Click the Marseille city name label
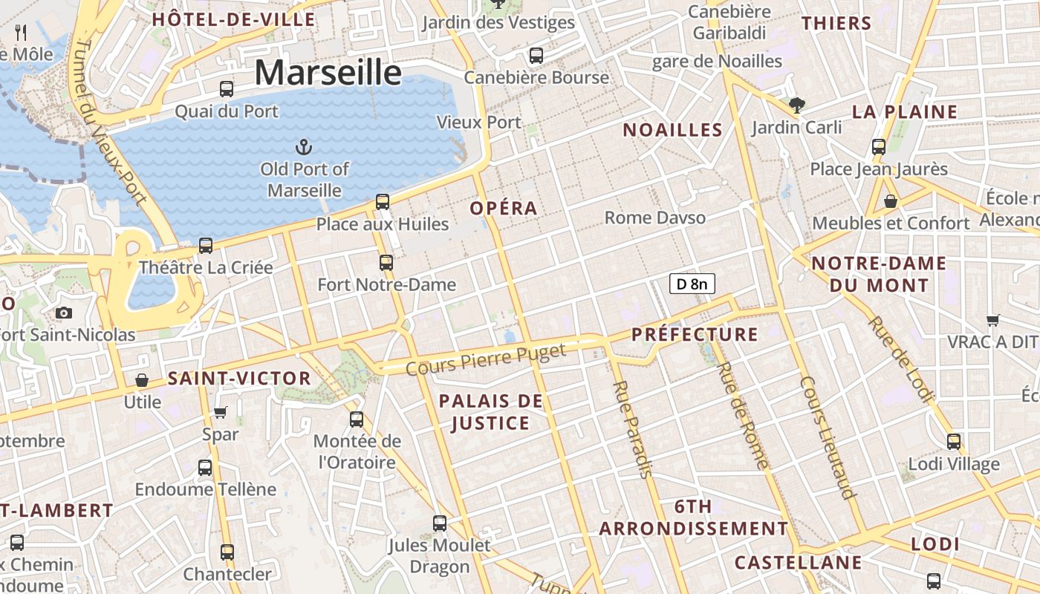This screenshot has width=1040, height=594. (x=328, y=73)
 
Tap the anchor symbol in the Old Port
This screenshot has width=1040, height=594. (x=303, y=146)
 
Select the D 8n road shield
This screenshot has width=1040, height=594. (x=692, y=283)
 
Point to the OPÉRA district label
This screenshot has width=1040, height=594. (x=503, y=208)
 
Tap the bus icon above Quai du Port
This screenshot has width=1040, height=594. (x=227, y=89)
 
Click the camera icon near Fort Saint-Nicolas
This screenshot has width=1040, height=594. (x=64, y=313)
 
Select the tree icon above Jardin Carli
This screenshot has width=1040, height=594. (x=797, y=105)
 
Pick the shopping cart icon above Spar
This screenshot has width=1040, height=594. (x=220, y=412)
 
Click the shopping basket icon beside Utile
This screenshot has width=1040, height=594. (x=142, y=380)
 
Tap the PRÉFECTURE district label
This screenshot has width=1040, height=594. (x=695, y=334)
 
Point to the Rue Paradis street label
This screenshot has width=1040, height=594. (x=633, y=429)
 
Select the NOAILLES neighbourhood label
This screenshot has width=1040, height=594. (x=672, y=130)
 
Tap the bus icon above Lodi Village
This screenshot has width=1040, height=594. (x=954, y=442)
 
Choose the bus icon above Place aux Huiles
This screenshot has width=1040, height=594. (x=383, y=201)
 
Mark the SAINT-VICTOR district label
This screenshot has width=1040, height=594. (x=239, y=378)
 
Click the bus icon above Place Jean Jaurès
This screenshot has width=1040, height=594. (x=879, y=146)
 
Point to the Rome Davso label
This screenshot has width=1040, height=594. (x=654, y=218)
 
